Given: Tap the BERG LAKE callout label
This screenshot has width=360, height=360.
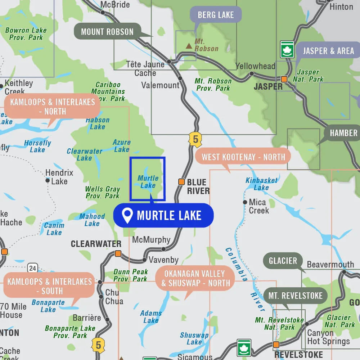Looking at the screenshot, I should tap(216, 15).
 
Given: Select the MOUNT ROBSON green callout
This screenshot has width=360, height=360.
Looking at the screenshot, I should tap(107, 32).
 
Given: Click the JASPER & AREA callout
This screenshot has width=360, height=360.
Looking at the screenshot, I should tap(328, 51).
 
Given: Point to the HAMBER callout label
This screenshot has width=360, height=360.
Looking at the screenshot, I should tap(343, 133).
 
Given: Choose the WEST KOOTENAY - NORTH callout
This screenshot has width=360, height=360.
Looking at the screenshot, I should tap(243, 157).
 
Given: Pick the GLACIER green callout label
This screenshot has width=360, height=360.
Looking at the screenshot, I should tap(283, 260).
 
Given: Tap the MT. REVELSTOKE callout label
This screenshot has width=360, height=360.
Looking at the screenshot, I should tap(295, 296).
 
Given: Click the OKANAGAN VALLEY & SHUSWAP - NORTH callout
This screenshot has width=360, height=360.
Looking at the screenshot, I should tap(195, 278).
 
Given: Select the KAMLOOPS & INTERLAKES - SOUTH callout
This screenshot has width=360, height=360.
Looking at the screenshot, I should tap(50, 286).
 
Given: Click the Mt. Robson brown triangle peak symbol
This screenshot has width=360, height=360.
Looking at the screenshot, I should tap(189, 46).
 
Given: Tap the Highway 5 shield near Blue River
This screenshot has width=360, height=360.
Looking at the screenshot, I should tap(195, 139).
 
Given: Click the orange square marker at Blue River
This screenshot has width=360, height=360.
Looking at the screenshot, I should tap(181, 182).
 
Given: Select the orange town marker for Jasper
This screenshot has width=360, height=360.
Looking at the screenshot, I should tap(284, 79).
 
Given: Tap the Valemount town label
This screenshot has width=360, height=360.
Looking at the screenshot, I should tap(160, 85).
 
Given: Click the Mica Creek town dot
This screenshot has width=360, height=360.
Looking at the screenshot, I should tap(245, 202).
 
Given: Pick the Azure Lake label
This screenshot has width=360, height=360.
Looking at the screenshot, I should tap(121, 146).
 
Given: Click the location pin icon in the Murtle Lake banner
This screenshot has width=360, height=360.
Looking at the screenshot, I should tap(127, 216).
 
